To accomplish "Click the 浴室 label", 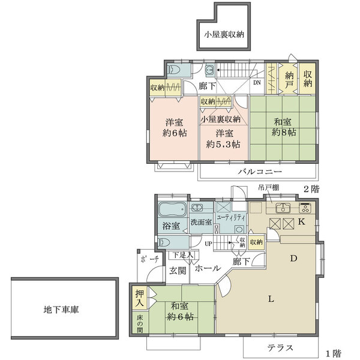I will pyautogui.click(x=171, y=226).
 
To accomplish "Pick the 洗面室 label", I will pyautogui.click(x=201, y=222).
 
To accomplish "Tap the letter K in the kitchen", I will pyautogui.click(x=302, y=221).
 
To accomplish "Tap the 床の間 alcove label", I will pyautogui.click(x=139, y=324).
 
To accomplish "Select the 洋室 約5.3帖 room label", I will pyautogui.click(x=223, y=139).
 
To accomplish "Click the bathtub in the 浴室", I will pyautogui.click(x=172, y=211).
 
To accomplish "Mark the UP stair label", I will pyautogui.click(x=209, y=244).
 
